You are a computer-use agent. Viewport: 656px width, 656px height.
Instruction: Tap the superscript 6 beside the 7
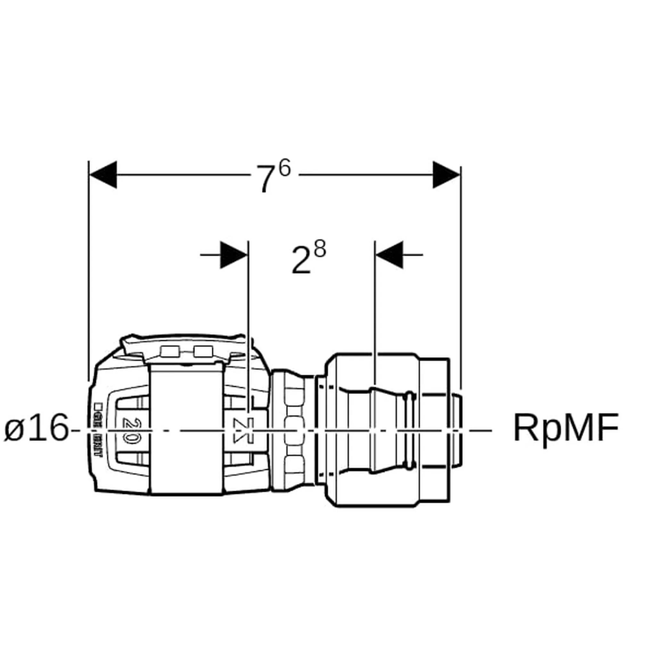coord(284,168)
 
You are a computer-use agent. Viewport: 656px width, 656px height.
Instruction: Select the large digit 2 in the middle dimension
coord(301,261)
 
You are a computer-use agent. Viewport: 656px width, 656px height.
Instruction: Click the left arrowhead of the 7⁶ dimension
coord(103,175)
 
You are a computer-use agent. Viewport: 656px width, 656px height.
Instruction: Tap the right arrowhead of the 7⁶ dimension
coord(446,175)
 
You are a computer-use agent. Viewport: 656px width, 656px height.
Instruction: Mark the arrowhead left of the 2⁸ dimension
coord(234,255)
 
